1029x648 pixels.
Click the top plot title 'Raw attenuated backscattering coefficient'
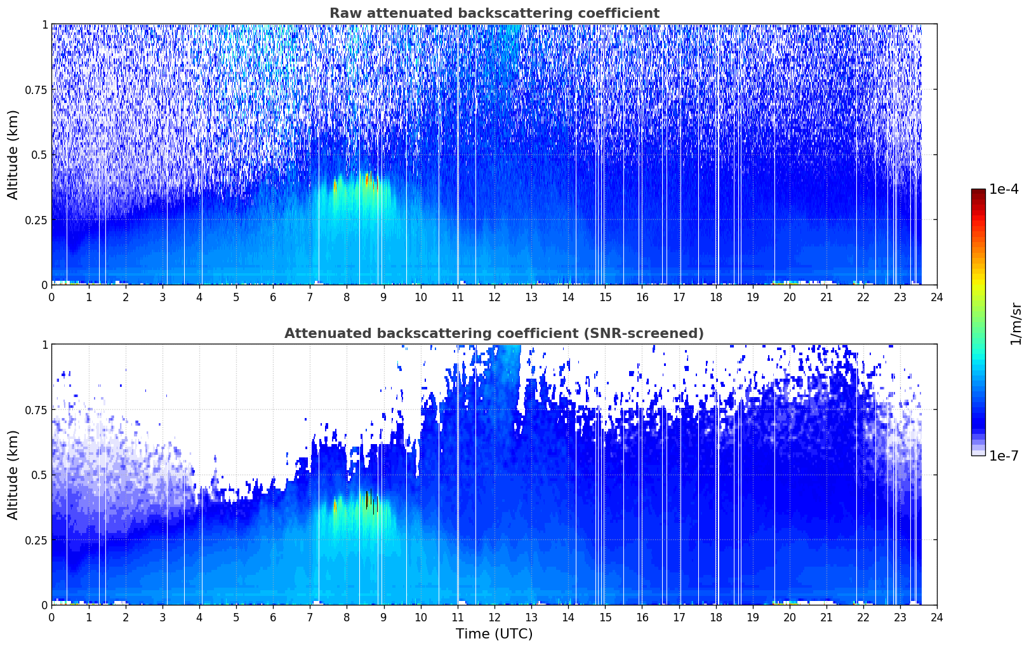point(495,13)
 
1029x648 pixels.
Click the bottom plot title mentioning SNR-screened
point(494,333)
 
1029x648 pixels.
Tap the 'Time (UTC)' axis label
point(494,634)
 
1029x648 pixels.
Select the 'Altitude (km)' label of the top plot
point(13,155)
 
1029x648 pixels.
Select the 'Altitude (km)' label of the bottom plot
point(13,475)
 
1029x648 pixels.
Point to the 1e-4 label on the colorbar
point(1004,189)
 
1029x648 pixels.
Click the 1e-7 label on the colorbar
point(1004,456)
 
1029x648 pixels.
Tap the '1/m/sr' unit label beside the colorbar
point(1016,323)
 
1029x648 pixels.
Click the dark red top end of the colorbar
point(978,192)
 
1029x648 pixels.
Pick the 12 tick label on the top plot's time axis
point(494,297)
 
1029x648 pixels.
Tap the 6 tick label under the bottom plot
point(273,618)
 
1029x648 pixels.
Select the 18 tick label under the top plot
point(715,297)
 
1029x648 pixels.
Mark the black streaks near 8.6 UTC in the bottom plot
point(371,501)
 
